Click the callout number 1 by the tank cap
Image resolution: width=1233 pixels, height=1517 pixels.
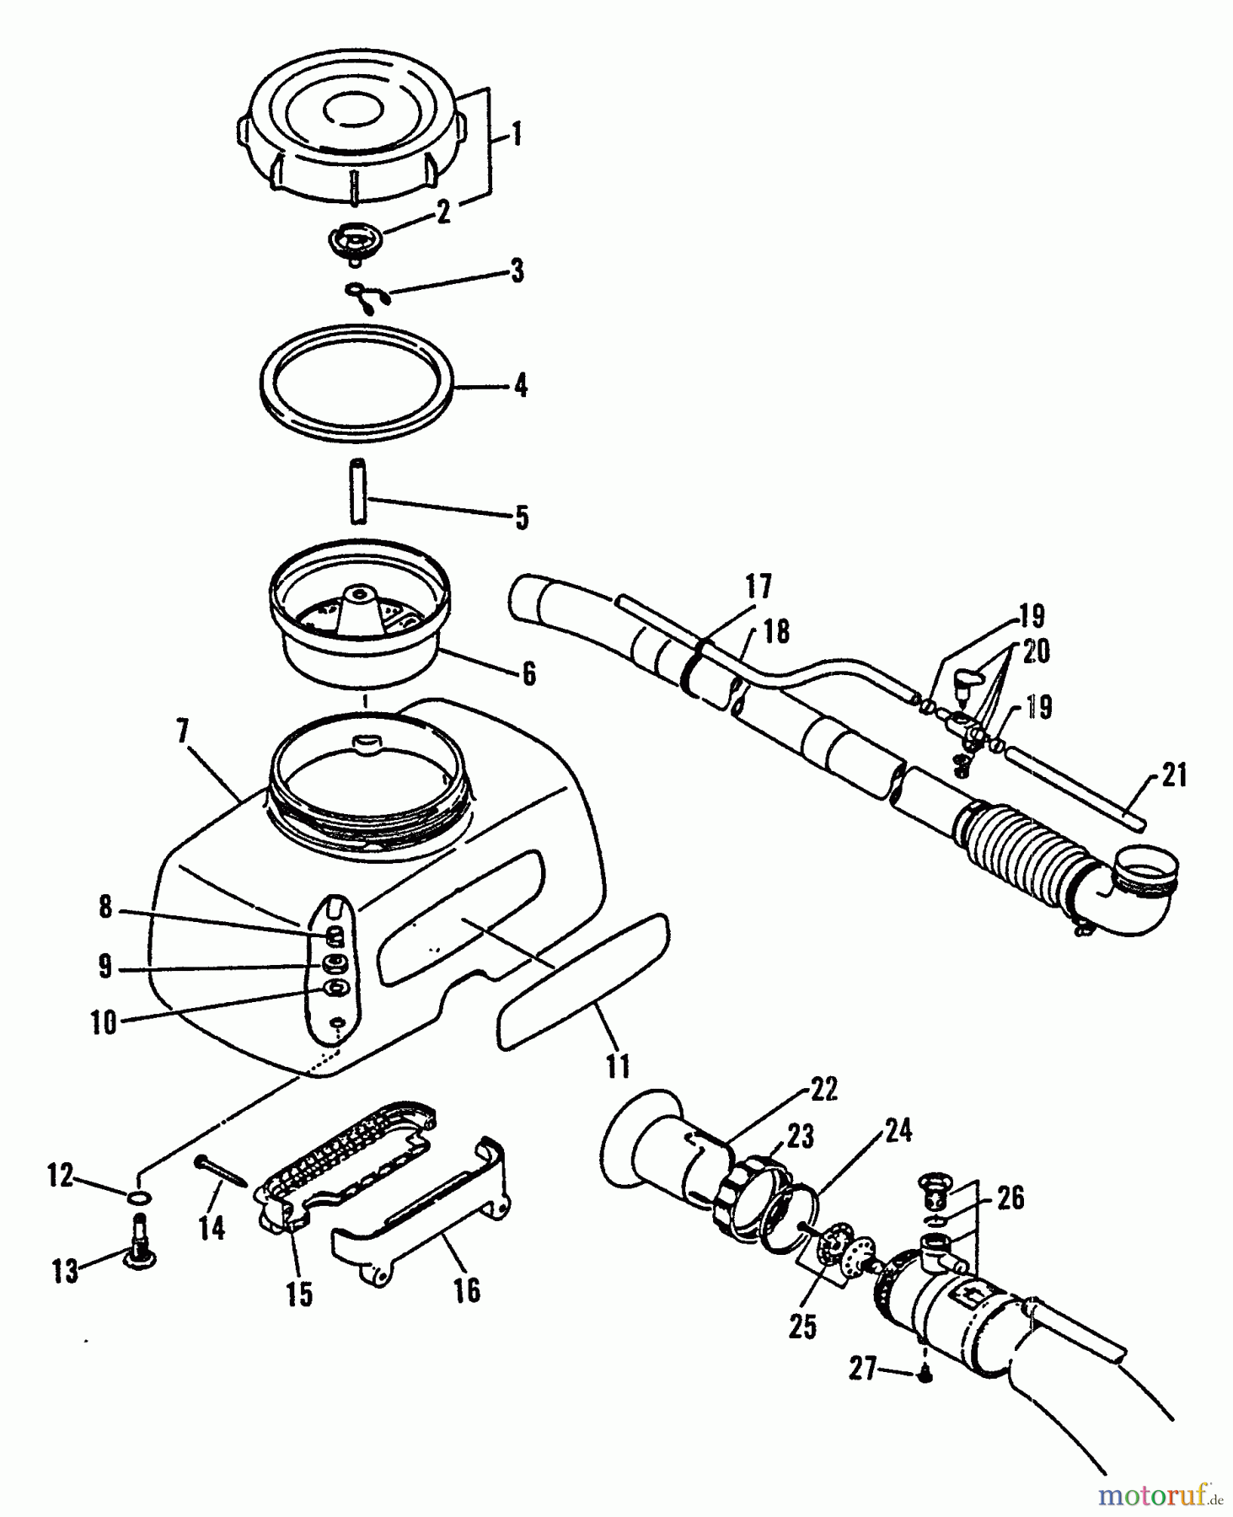point(517,135)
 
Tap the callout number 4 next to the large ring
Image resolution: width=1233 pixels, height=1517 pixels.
point(521,386)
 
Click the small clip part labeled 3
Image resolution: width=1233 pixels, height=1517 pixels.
point(369,298)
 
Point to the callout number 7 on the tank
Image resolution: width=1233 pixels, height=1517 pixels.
point(184,731)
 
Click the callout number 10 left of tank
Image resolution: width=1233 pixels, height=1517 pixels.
point(104,1023)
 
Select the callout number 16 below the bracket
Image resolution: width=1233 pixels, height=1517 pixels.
point(467,1290)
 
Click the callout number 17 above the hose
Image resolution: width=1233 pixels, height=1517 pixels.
point(758,587)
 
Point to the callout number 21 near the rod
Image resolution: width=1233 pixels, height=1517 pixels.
point(1173,775)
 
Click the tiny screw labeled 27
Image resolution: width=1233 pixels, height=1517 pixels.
point(925,1375)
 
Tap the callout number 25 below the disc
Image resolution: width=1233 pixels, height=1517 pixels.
point(802,1327)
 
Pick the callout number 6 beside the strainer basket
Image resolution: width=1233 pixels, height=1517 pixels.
point(528,674)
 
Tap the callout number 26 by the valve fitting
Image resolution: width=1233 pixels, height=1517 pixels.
point(1010,1198)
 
